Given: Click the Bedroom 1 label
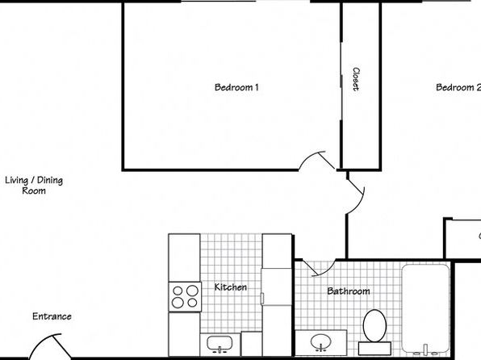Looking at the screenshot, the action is (x=236, y=87).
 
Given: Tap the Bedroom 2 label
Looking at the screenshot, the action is (x=458, y=87).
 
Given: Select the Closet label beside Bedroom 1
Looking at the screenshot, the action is (x=356, y=79).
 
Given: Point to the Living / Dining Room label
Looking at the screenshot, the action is (x=34, y=186).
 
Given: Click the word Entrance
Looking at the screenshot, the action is (x=52, y=316).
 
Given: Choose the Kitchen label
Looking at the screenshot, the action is (x=230, y=287).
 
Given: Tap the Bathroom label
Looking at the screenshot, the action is (x=349, y=291).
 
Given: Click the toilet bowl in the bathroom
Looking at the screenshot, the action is (x=374, y=325).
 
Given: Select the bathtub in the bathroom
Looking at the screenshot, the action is (x=425, y=308).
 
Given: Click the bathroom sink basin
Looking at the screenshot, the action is (x=320, y=341).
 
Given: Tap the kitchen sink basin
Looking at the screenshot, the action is (x=220, y=343).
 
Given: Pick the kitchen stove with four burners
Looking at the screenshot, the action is (x=185, y=297).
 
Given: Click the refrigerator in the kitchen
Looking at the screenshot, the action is (x=276, y=287).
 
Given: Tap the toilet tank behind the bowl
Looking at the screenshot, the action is (x=374, y=349).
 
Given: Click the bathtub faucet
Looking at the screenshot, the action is (x=425, y=350).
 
